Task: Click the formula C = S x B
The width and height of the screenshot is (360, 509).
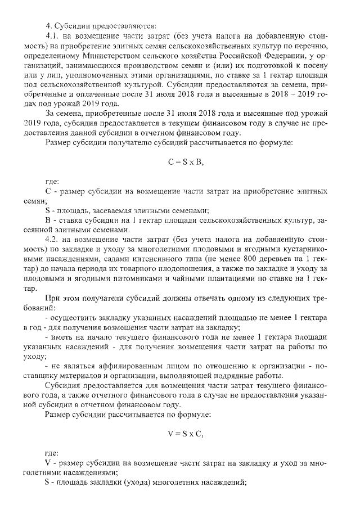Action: coord(185,162)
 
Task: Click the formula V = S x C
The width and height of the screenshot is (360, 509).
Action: coord(185,433)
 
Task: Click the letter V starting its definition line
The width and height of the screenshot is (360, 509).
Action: coord(48,463)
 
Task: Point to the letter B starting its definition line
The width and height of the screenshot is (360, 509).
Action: coord(48,219)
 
